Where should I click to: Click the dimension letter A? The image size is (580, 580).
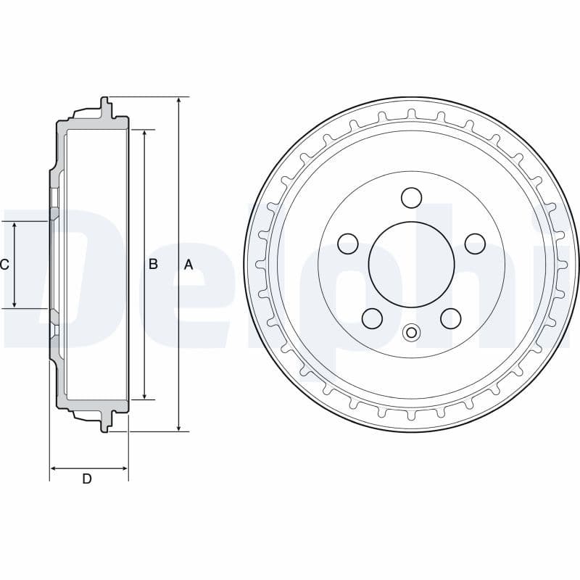(188, 265)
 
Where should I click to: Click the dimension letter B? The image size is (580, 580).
(153, 265)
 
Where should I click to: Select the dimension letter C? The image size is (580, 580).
(4, 265)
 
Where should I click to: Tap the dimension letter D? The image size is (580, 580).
(87, 478)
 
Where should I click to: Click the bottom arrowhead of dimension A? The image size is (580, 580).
(178, 427)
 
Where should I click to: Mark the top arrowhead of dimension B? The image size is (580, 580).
(144, 134)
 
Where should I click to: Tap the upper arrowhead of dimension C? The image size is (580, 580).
(14, 225)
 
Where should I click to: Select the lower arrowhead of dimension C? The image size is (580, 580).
(14, 304)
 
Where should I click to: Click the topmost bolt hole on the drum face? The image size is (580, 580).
(412, 196)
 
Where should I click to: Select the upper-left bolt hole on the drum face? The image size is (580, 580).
(349, 243)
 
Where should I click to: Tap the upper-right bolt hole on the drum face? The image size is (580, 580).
(475, 243)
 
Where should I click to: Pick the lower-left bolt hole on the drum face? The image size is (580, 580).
(373, 318)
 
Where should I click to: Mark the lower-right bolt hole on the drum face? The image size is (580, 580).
(451, 318)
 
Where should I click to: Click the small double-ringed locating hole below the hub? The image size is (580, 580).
(412, 333)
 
